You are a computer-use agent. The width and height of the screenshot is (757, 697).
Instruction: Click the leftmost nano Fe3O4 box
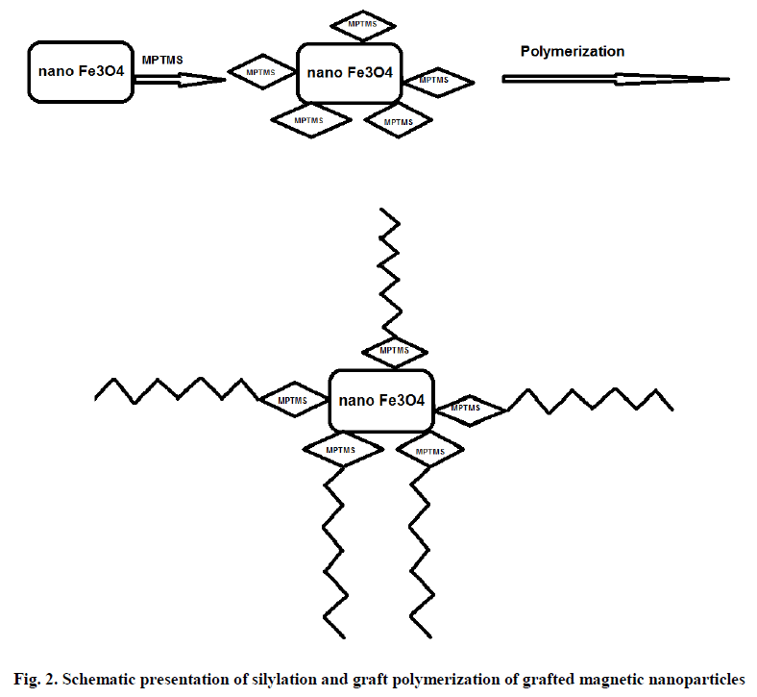tap(81, 70)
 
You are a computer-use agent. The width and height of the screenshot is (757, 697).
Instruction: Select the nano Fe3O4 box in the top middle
tap(349, 71)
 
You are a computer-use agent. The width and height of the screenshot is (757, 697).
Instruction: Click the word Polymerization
tap(573, 51)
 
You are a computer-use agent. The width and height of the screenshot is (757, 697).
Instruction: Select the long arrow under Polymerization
tap(615, 79)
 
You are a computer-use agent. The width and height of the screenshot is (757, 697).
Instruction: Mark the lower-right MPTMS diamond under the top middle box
tap(396, 121)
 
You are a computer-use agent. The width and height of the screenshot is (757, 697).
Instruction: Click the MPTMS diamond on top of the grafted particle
tap(395, 351)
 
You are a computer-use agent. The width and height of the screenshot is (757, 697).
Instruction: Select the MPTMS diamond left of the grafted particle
tap(292, 400)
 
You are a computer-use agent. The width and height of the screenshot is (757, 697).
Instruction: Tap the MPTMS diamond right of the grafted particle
tap(468, 409)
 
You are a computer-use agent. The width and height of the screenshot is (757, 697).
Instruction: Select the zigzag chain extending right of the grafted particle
tap(590, 399)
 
